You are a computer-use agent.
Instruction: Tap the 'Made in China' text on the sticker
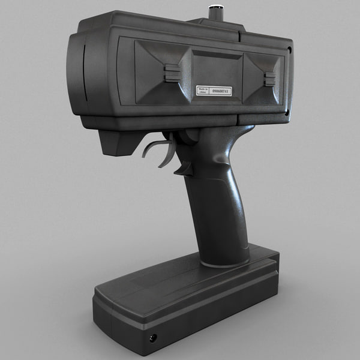click(x=203, y=90)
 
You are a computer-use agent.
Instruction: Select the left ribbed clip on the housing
click(x=172, y=73)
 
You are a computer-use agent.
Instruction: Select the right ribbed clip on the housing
click(x=270, y=79)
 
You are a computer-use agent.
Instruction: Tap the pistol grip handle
click(x=217, y=204)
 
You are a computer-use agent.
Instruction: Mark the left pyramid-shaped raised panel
click(x=157, y=71)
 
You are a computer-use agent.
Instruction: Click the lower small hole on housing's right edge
click(x=287, y=112)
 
